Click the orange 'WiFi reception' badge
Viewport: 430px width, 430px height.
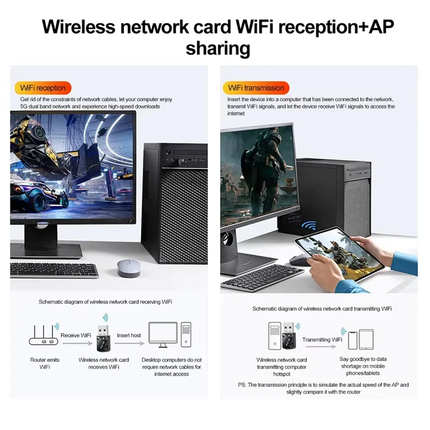(x=43, y=88)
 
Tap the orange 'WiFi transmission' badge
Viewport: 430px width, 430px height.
(x=256, y=88)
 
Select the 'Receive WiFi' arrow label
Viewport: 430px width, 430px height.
(x=76, y=335)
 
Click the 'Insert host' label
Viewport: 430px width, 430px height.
(x=129, y=335)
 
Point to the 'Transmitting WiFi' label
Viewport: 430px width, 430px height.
(x=322, y=340)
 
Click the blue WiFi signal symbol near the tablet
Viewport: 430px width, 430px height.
(x=309, y=226)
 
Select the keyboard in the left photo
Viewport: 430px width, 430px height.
(x=54, y=269)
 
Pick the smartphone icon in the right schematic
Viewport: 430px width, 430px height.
(x=352, y=340)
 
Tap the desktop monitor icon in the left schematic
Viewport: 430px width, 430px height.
(x=162, y=333)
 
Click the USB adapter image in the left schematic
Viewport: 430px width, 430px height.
(x=103, y=338)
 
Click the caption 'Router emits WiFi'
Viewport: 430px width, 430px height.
(x=45, y=363)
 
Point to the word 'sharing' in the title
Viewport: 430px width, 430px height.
(x=218, y=48)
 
